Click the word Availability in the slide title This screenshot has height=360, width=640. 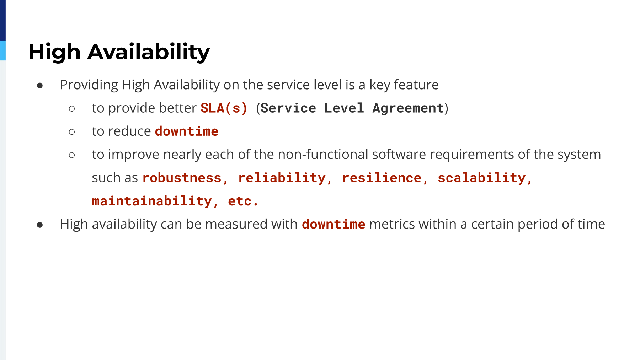tap(149, 52)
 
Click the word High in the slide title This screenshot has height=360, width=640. tap(54, 52)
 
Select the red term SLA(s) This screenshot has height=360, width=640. tap(224, 108)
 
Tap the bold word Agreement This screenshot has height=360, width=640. tap(409, 108)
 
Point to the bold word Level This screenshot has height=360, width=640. tap(344, 108)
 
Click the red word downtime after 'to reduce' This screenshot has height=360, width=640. tap(187, 131)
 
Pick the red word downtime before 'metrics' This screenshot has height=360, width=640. tap(334, 224)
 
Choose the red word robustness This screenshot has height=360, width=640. tap(182, 178)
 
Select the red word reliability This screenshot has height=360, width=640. tap(282, 178)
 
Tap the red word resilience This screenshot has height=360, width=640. tap(382, 178)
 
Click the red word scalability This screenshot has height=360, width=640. tap(482, 178)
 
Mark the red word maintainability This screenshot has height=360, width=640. tap(152, 201)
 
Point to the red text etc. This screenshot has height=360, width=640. tap(243, 201)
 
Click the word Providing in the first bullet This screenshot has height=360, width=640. tap(89, 85)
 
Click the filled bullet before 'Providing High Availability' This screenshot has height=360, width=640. tap(40, 86)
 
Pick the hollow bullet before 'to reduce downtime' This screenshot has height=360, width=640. tap(72, 132)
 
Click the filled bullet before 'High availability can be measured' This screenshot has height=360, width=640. tap(40, 225)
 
